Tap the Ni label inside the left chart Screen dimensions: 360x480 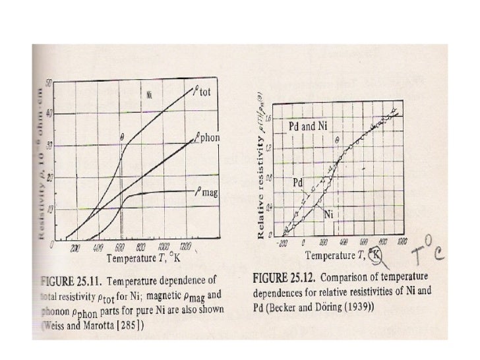[x=151, y=94]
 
